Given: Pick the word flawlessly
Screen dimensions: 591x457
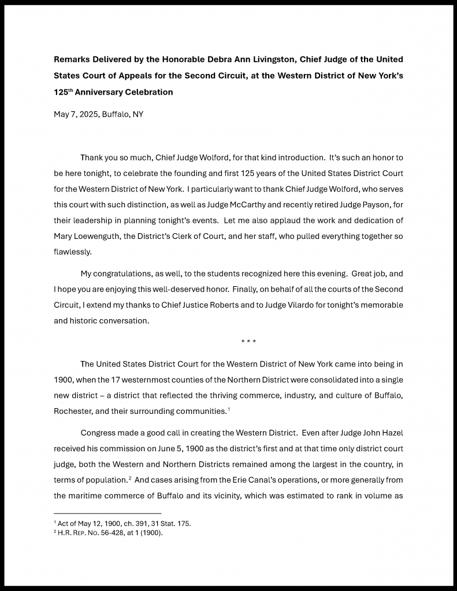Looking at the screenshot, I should point(73,252).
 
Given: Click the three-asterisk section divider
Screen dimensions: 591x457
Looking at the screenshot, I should point(248,342).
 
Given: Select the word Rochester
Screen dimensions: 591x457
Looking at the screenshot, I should point(73,411).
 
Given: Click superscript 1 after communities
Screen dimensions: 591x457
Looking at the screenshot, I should point(229,409).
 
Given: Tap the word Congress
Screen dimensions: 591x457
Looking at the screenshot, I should point(98,433).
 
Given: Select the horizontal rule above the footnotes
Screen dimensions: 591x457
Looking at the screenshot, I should point(107,513).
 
